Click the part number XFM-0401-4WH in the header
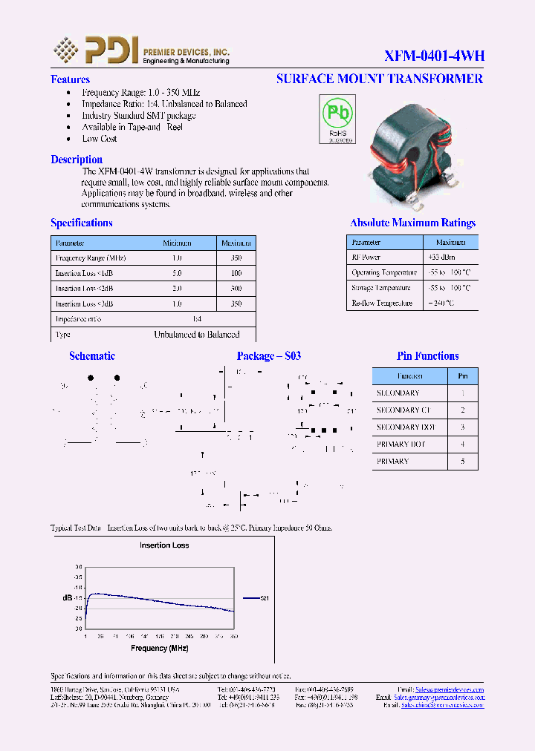click(x=434, y=56)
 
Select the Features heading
click(x=70, y=79)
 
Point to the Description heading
click(x=77, y=160)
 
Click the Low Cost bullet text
click(x=100, y=139)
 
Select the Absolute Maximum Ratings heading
click(x=412, y=223)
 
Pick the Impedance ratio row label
click(x=78, y=319)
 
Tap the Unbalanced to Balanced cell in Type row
click(x=196, y=335)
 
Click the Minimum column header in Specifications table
click(x=177, y=243)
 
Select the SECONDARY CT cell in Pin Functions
click(x=403, y=410)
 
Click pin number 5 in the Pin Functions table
click(x=463, y=462)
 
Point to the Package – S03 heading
click(x=268, y=356)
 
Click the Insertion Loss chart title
click(x=164, y=545)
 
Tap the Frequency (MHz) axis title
click(x=160, y=648)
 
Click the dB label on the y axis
click(x=66, y=597)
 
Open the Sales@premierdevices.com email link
click(x=449, y=689)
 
